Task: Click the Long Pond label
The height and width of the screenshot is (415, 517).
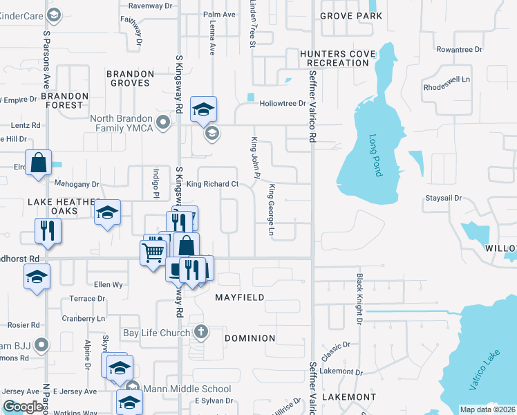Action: click(375, 156)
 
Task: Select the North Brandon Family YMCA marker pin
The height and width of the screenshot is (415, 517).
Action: click(163, 123)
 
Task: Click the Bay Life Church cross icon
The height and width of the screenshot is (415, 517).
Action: click(200, 333)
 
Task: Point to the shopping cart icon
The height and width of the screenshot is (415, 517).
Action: click(152, 251)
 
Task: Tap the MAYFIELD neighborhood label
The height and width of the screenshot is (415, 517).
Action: click(239, 297)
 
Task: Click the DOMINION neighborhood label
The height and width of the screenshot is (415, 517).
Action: click(250, 338)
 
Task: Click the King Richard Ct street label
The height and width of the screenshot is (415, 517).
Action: click(212, 184)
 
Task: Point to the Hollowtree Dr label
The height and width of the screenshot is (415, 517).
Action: click(282, 104)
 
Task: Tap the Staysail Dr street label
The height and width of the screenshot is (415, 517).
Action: click(443, 198)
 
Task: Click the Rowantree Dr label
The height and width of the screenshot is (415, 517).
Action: click(459, 50)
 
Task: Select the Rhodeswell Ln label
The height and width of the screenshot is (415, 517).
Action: click(446, 80)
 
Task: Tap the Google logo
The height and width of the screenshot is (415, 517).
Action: click(23, 407)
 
